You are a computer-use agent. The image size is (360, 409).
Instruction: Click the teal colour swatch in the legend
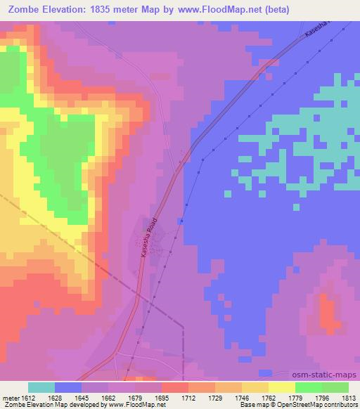(41, 387)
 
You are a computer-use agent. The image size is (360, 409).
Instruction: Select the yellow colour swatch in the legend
(281, 387)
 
